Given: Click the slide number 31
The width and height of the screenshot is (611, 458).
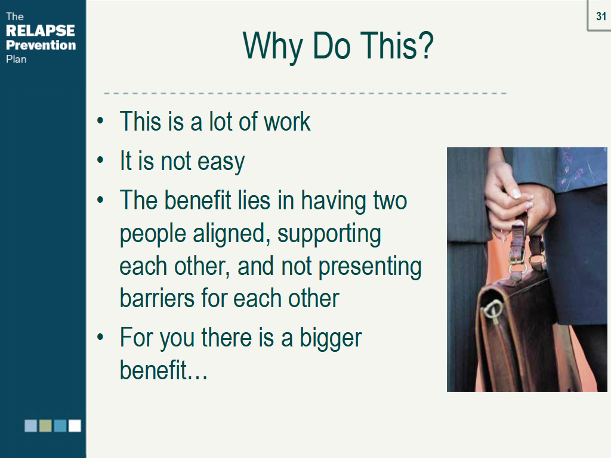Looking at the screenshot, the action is [x=601, y=16].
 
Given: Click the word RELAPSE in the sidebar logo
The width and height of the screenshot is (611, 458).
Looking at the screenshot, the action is [x=41, y=31].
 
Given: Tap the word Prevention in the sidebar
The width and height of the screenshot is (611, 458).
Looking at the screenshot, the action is [x=41, y=45].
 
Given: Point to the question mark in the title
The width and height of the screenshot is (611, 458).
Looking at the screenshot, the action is [x=426, y=45].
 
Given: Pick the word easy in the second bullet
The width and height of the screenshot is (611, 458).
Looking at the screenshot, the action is [x=221, y=163].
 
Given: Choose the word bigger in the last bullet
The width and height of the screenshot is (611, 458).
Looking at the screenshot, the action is [x=331, y=339].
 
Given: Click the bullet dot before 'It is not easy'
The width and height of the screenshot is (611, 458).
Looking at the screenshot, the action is [x=100, y=160].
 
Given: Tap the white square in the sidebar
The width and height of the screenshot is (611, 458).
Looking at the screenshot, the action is [x=75, y=426].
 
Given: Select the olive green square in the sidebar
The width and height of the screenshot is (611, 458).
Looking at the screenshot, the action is [x=45, y=426].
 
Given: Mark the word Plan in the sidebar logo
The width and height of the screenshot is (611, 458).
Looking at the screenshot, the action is [x=16, y=59].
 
